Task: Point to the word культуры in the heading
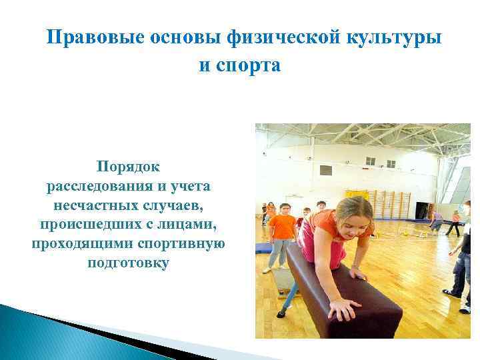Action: pyautogui.click(x=394, y=38)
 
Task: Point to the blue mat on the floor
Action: pyautogui.click(x=263, y=248)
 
